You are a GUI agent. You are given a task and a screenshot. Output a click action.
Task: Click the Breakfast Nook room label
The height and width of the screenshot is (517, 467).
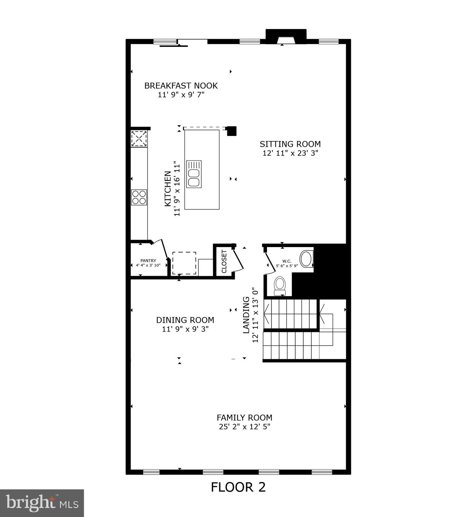pos(181,86)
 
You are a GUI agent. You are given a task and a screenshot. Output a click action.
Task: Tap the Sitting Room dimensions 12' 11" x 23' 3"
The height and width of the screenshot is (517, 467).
pos(290,153)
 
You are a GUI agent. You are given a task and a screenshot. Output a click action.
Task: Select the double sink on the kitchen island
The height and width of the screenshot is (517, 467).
pos(194,174)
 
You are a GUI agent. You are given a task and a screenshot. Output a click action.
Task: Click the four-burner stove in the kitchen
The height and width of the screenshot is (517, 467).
pos(139,197)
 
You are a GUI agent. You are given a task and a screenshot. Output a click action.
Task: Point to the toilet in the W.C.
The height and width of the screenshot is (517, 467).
pos(279,286)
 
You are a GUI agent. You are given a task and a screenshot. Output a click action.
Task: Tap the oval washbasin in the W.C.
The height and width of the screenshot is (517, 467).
pos(306,258)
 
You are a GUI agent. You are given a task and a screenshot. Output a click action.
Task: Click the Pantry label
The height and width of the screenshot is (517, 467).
pos(148,260)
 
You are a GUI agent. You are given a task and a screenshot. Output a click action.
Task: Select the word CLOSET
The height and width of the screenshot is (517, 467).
pos(224,262)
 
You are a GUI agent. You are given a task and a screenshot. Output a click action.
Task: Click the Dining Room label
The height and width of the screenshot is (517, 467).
pos(185,320)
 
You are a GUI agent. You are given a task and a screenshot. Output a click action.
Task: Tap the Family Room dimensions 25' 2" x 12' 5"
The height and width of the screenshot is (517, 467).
pos(244,427)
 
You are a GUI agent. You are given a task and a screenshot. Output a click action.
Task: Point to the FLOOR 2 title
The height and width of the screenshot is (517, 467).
pos(238,487)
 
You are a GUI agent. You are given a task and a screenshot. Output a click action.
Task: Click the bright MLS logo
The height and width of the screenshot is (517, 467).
pos(42,503)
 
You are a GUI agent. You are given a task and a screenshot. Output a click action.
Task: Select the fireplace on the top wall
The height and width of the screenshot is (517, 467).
pos(286,37)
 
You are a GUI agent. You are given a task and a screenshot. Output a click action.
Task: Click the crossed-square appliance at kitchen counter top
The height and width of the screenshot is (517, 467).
pos(139,139)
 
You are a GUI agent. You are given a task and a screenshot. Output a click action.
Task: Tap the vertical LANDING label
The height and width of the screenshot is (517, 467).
pos(246,315)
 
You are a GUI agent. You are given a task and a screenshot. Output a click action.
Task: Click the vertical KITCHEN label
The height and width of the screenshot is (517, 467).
pos(167,189)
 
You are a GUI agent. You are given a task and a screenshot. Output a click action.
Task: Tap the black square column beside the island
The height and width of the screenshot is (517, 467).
pos(232,131)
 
